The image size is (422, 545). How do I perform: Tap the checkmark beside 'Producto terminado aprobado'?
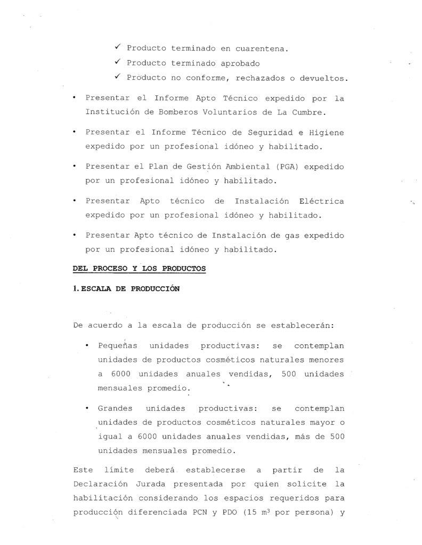tap(118, 63)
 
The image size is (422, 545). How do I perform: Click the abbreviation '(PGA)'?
tap(288, 166)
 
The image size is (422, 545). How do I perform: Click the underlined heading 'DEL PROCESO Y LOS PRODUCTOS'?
tap(139, 269)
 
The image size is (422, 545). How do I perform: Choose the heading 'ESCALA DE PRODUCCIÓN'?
tap(129, 290)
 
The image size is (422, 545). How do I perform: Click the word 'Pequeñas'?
tap(117, 346)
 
